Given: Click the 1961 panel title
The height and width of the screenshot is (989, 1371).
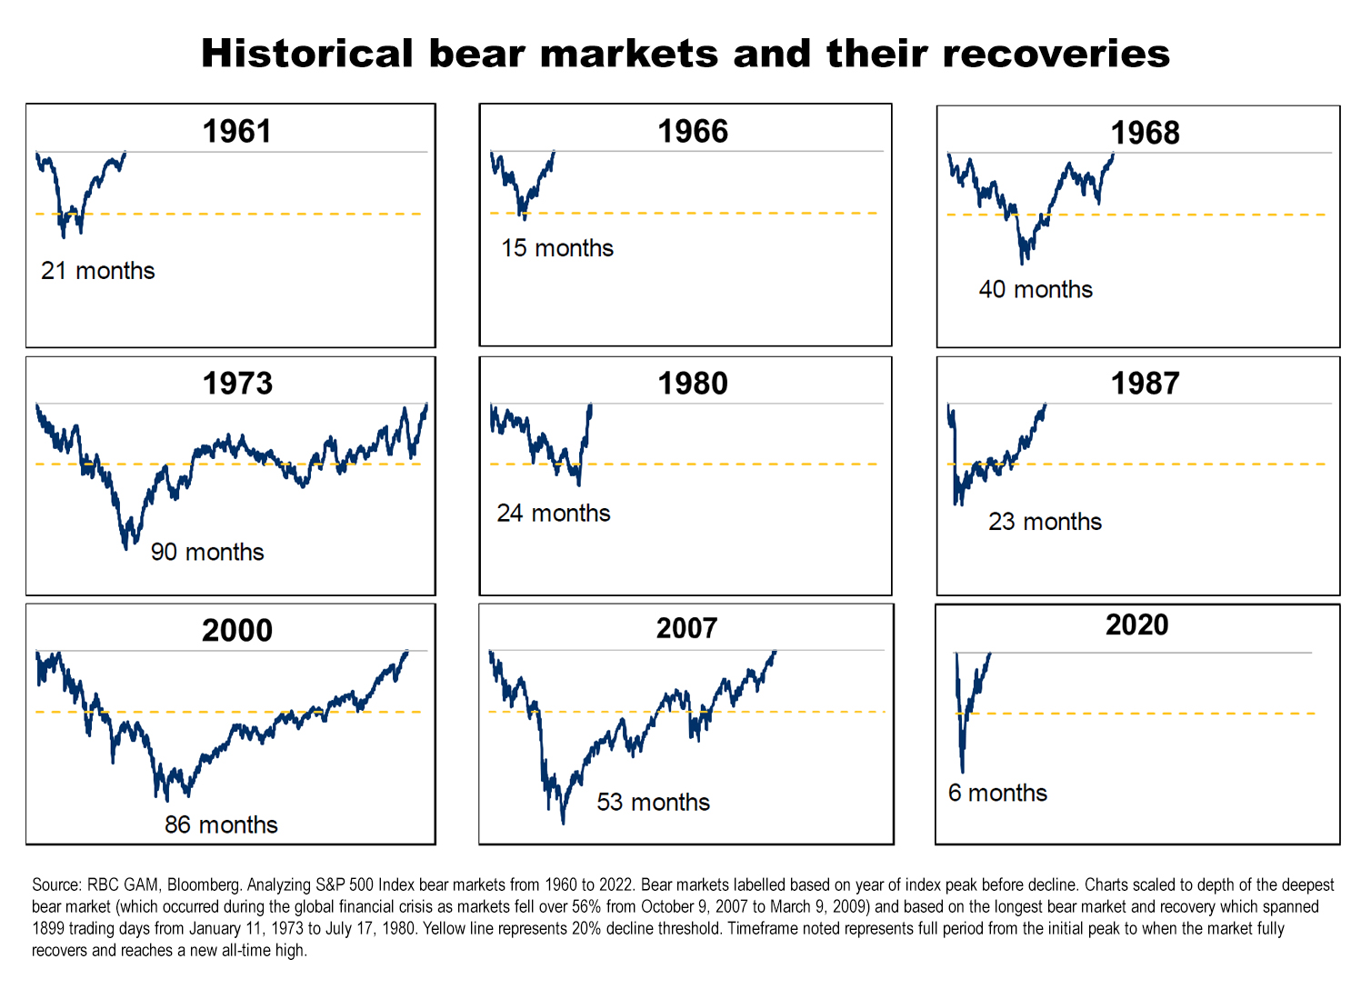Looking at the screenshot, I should [236, 131].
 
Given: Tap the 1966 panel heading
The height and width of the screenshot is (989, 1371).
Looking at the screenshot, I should [693, 131].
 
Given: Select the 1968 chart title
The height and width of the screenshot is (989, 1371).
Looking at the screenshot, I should [1145, 133].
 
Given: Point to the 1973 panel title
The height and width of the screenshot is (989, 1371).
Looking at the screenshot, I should [236, 383].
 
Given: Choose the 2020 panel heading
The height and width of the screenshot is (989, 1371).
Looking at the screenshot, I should [1136, 624].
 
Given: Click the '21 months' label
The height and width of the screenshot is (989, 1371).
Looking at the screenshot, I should [97, 271].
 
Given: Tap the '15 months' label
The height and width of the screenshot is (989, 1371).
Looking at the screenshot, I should [556, 248].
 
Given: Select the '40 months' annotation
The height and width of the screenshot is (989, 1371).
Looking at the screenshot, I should [1035, 289].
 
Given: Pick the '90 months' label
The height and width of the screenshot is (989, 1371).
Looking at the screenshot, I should [206, 552].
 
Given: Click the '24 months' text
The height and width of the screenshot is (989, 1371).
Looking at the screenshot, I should [553, 514].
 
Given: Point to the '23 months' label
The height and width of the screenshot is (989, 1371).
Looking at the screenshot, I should [1045, 522].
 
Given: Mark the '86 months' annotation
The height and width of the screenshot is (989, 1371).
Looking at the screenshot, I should [221, 824].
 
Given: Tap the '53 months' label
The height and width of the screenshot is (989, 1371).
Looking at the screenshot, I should [653, 802].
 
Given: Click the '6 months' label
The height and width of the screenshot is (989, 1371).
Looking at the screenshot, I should [997, 793].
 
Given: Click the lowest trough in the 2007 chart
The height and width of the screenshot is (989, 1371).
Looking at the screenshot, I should [563, 821].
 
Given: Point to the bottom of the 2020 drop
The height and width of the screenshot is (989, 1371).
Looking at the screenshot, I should [962, 771].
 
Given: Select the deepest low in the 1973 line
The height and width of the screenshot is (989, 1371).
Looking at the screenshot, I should [125, 547].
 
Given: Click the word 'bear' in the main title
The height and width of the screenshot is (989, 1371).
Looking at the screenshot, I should [475, 54].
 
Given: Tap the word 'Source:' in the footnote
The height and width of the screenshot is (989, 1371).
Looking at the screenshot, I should [56, 884].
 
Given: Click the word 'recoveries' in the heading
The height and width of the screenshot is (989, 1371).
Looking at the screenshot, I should [1056, 54].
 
